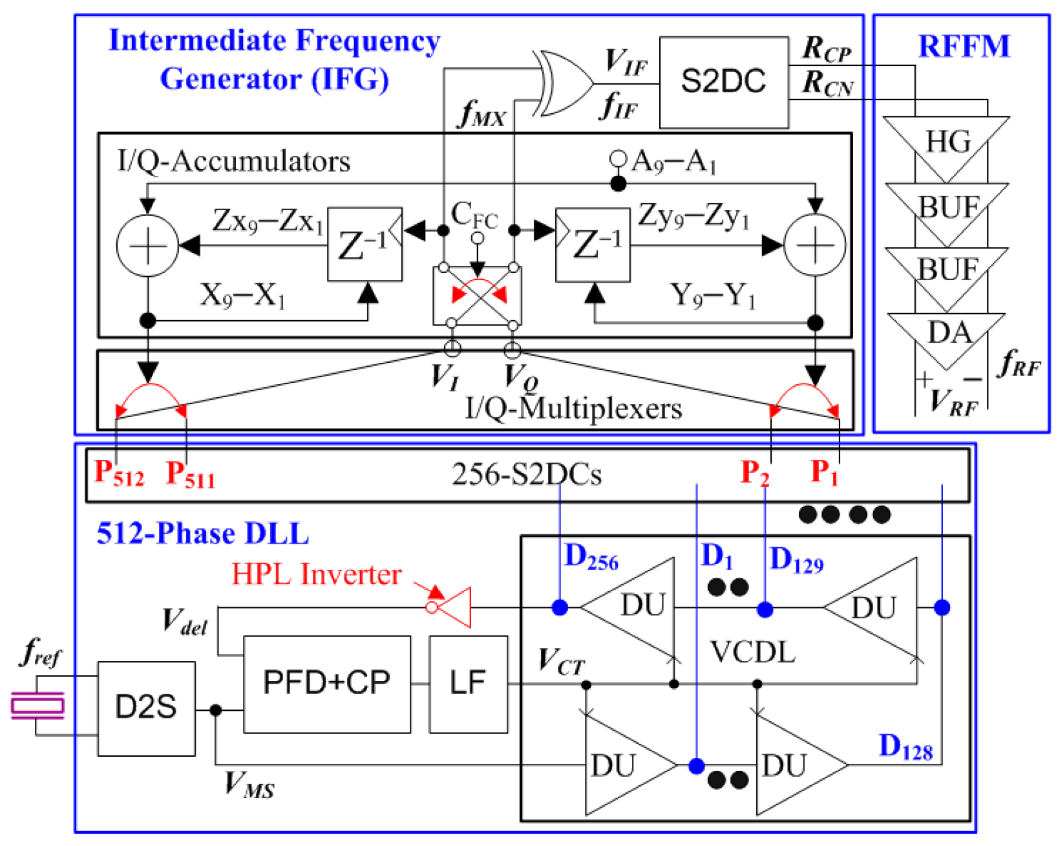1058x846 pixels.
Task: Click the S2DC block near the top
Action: [723, 82]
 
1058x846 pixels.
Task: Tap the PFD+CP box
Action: [326, 684]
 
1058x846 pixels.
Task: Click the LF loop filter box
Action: [467, 684]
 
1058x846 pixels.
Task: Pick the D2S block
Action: [146, 708]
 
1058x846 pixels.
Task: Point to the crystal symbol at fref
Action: [37, 705]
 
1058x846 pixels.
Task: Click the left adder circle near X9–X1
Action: [147, 246]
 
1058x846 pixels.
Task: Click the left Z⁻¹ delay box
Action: [365, 244]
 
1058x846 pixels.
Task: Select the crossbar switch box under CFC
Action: [477, 296]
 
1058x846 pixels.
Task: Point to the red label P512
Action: [119, 473]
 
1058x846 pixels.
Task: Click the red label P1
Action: [824, 473]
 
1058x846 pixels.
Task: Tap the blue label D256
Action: [591, 558]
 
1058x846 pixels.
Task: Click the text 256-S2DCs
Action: [526, 475]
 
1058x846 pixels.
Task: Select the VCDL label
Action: [752, 653]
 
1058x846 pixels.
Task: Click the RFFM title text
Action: [963, 47]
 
